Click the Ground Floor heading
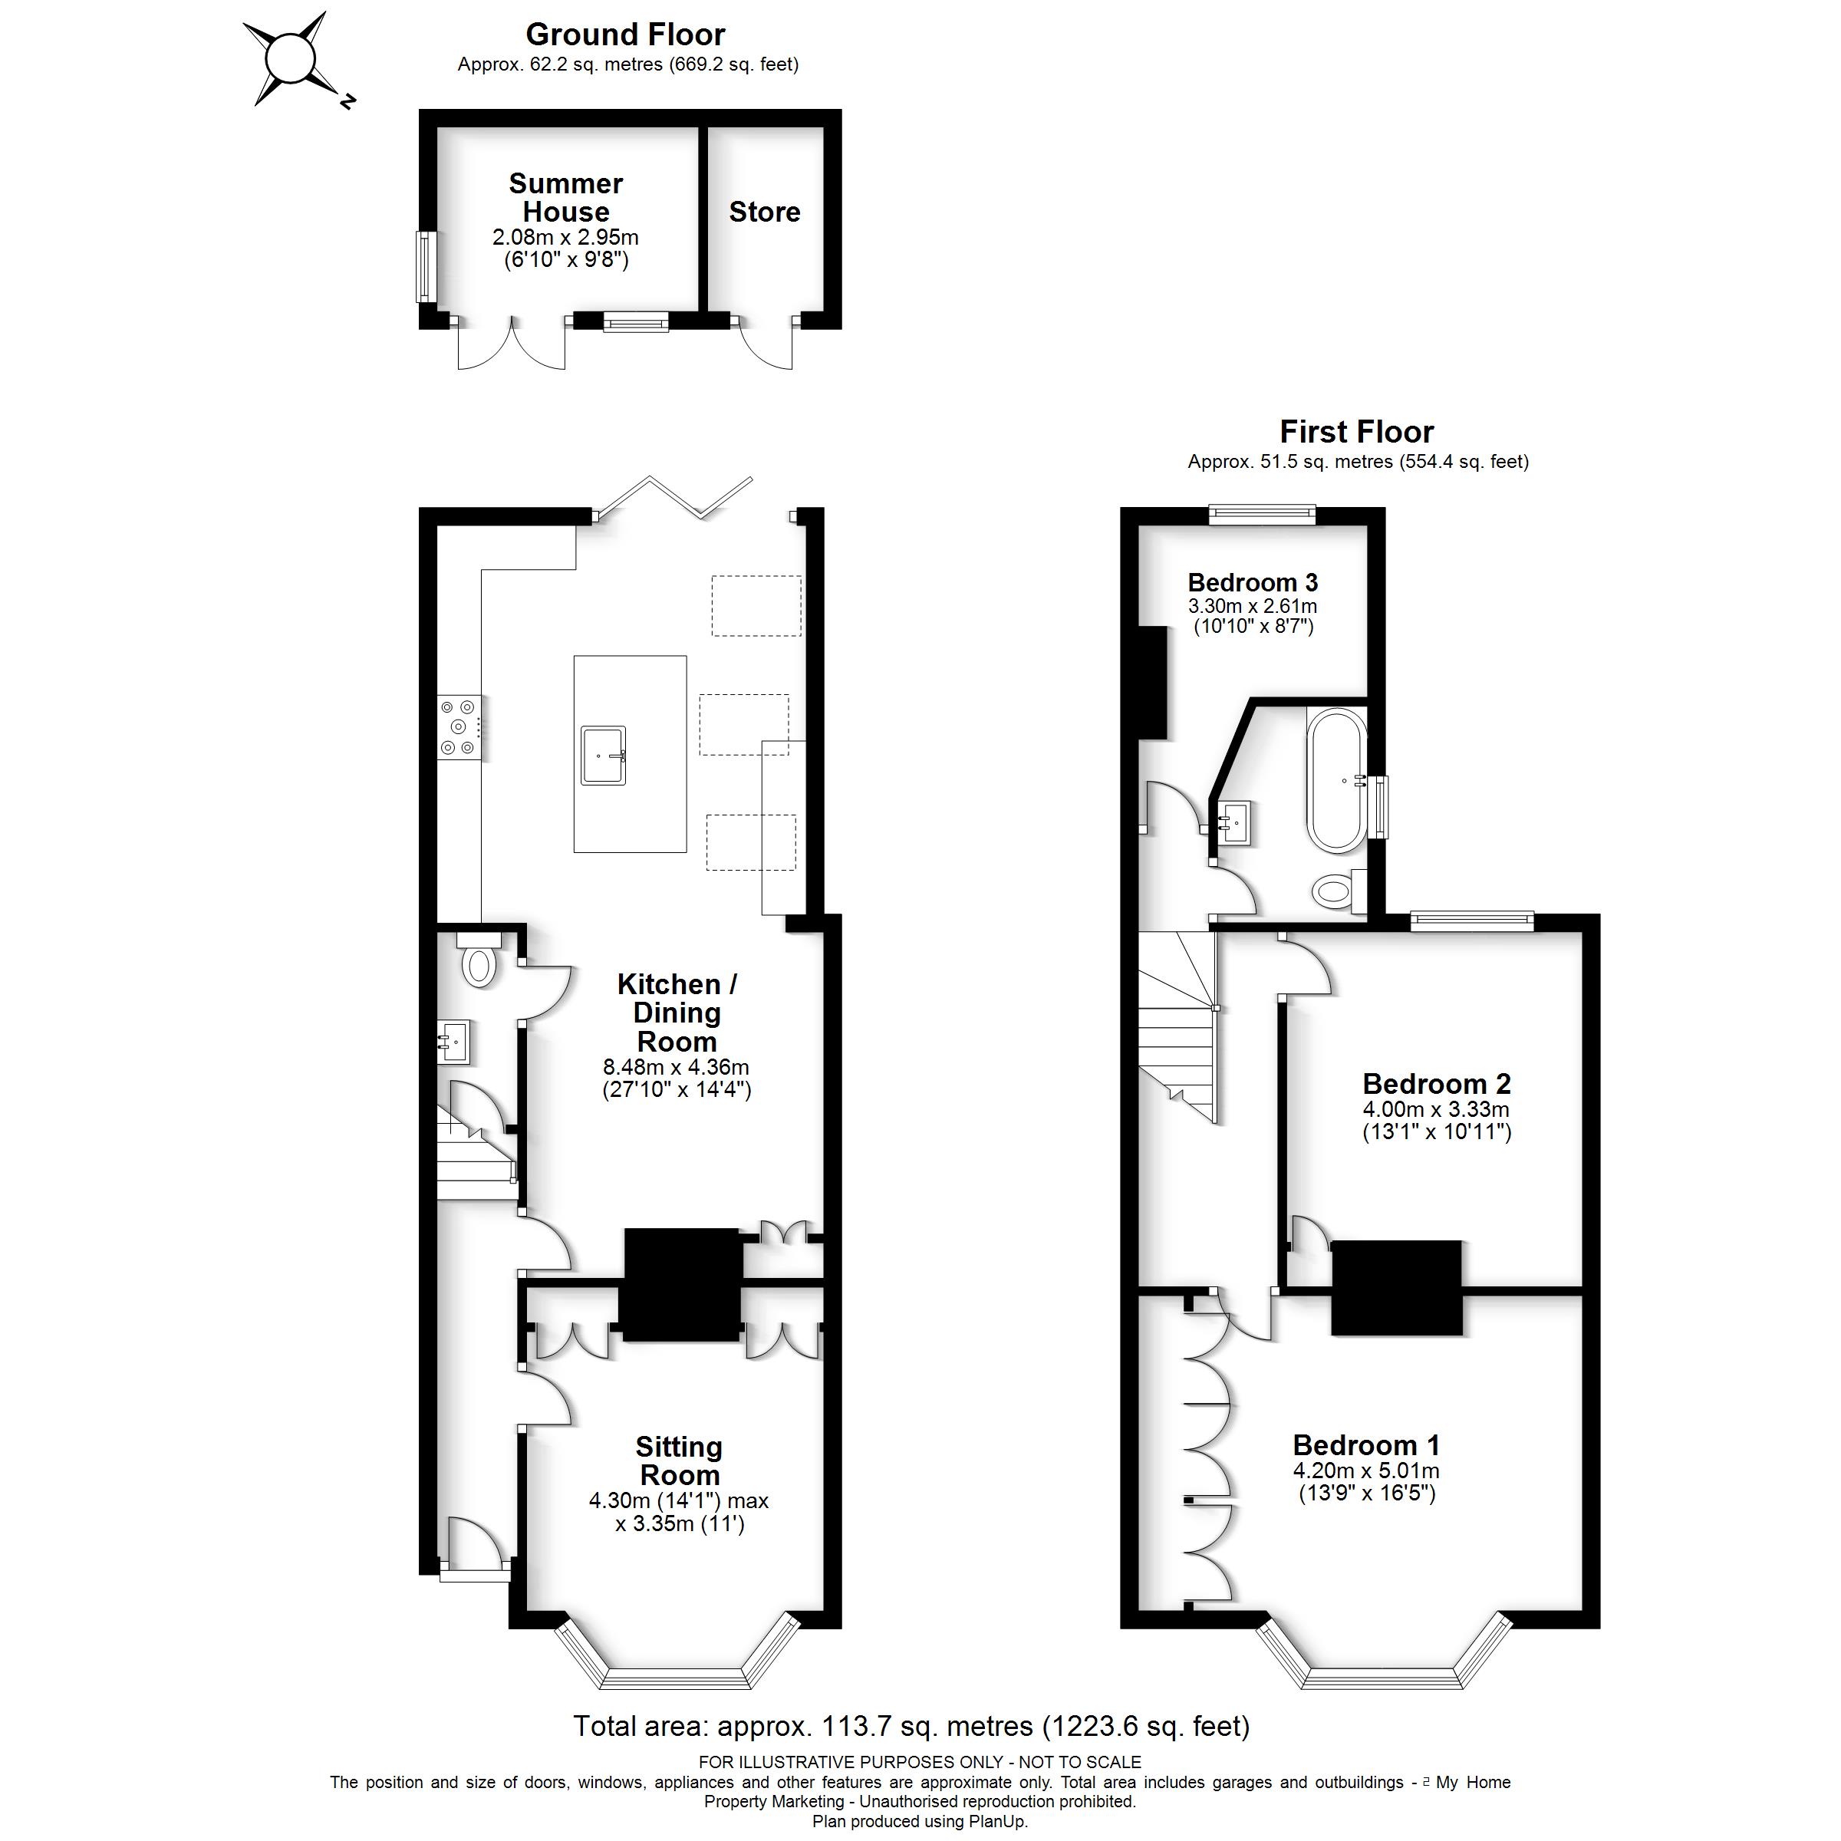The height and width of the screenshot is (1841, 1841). pos(625,35)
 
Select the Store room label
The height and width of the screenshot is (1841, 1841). pos(764,212)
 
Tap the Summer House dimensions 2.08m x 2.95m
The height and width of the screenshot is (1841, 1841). pos(565,237)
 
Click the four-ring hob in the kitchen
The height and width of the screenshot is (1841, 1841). pos(459,728)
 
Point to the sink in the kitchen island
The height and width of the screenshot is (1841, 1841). pos(603,756)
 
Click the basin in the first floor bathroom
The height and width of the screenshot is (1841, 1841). pos(1235,819)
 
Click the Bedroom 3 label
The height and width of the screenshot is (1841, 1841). pos(1252,582)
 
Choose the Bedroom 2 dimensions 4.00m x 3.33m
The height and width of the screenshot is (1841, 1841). pos(1436,1109)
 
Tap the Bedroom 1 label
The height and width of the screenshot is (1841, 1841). pos(1365,1445)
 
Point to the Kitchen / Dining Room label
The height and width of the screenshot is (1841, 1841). pos(677,1012)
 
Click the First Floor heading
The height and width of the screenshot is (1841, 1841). pos(1356,432)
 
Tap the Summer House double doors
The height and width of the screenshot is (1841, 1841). pos(512,346)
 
